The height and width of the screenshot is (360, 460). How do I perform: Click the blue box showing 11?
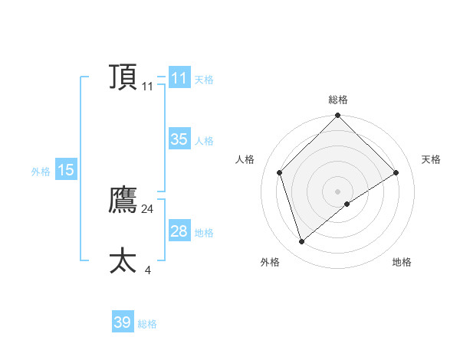click(x=179, y=78)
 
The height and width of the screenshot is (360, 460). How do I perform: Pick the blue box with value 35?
click(x=179, y=139)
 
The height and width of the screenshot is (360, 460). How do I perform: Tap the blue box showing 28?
click(x=179, y=231)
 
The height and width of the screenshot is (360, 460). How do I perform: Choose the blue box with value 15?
click(x=65, y=170)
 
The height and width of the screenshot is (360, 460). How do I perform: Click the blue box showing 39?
click(x=122, y=322)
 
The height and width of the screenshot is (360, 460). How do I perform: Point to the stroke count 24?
click(x=147, y=208)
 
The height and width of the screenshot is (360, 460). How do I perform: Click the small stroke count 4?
click(x=147, y=270)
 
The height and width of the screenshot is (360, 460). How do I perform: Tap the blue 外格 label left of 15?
click(x=41, y=172)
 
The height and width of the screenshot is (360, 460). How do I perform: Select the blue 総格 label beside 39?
click(x=147, y=324)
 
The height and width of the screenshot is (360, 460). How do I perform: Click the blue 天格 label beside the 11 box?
click(x=204, y=80)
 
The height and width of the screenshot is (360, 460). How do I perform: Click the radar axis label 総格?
click(x=337, y=100)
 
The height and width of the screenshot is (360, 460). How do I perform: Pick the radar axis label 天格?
click(x=431, y=159)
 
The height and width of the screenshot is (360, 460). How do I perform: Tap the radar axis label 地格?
click(x=402, y=262)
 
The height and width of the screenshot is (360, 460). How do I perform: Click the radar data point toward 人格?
click(x=280, y=172)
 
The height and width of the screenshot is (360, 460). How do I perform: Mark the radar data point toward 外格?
click(x=301, y=241)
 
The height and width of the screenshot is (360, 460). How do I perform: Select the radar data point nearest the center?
click(x=347, y=204)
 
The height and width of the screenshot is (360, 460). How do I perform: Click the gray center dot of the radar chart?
click(x=337, y=191)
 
